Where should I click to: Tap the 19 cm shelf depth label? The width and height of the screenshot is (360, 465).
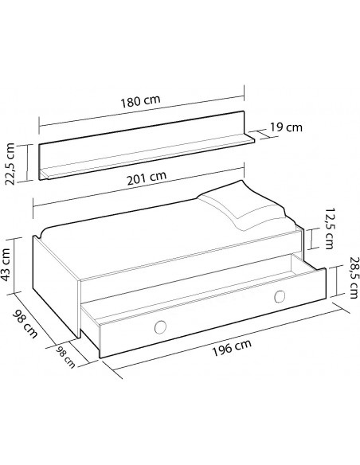[x=284, y=127]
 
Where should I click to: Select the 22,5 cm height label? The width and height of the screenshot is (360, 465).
[x=12, y=162]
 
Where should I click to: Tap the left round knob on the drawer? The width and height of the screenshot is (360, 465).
[x=159, y=326]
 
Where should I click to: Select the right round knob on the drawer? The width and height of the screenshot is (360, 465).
[x=279, y=297]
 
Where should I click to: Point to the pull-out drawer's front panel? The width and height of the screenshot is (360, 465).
[x=207, y=318]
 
